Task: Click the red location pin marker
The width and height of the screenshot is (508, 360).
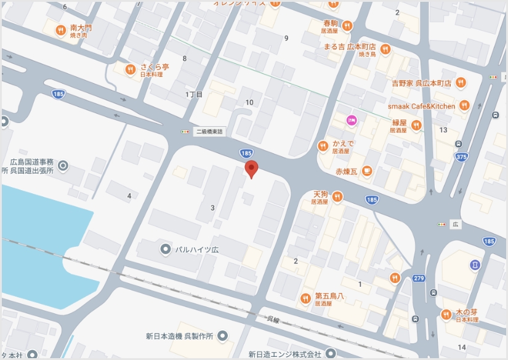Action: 251,169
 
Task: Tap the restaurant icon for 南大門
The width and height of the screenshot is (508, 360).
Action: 60,30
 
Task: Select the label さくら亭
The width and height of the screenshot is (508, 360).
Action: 155,66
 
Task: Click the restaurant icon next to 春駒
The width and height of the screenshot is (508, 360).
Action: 347,26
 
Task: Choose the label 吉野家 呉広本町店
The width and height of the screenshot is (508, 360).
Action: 421,82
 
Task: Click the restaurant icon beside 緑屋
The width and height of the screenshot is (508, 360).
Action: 417,126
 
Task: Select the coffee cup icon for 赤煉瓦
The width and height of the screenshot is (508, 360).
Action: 367,171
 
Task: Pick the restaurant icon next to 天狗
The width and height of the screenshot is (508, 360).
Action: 337,197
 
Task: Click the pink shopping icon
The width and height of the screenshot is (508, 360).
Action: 352,120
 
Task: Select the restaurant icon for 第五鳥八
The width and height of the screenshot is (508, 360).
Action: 305,299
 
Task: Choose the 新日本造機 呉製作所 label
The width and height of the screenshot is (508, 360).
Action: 179,336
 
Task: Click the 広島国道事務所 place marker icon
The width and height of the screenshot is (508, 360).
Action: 63,165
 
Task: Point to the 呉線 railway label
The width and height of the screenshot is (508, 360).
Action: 273,320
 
